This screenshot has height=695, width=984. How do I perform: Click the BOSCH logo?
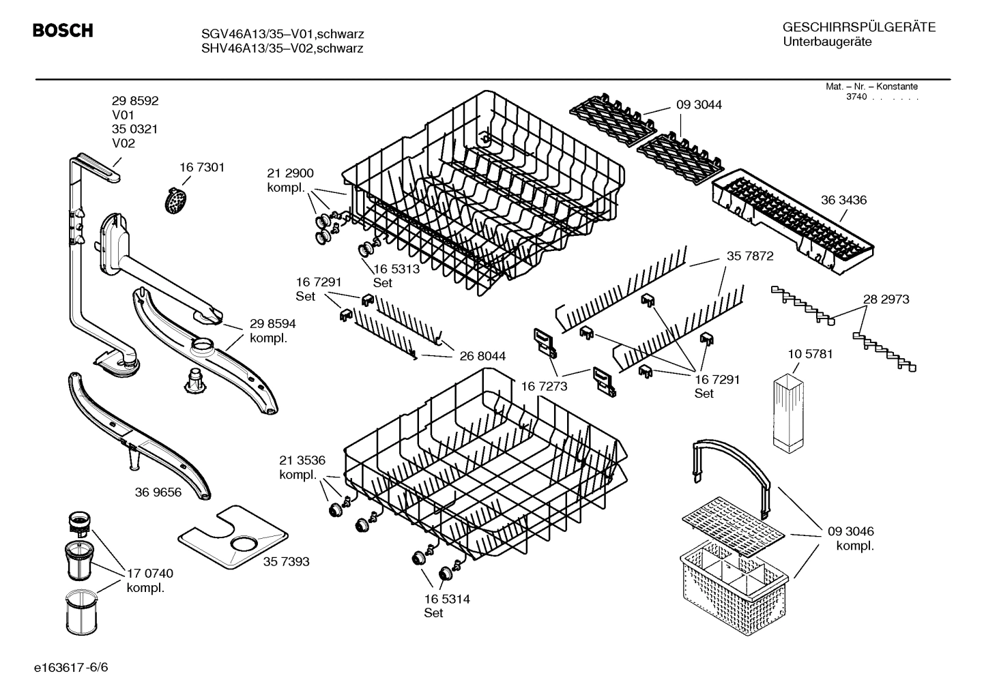tap(63, 31)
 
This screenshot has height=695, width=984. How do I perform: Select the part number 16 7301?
tap(202, 167)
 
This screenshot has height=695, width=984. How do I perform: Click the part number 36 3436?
tap(843, 200)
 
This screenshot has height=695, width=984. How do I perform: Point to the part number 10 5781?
tap(810, 354)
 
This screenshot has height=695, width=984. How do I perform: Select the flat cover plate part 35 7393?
tap(232, 538)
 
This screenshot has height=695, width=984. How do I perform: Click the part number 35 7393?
tap(287, 561)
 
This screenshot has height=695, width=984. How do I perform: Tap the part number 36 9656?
tap(158, 492)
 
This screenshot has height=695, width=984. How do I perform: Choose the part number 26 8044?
tap(482, 356)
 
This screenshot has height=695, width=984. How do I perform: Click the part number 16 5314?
tap(447, 599)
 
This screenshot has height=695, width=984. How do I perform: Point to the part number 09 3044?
tap(699, 105)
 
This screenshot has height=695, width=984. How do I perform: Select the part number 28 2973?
tap(886, 299)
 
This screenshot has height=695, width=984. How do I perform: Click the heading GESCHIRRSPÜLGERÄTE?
tap(858, 27)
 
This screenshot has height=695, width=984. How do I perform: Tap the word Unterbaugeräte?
tap(826, 42)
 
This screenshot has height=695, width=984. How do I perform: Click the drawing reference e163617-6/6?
tap(70, 666)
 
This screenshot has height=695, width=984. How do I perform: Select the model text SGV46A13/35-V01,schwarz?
tap(282, 34)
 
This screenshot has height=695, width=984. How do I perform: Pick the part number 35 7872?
tap(750, 256)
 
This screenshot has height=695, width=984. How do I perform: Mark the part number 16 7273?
tap(544, 386)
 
